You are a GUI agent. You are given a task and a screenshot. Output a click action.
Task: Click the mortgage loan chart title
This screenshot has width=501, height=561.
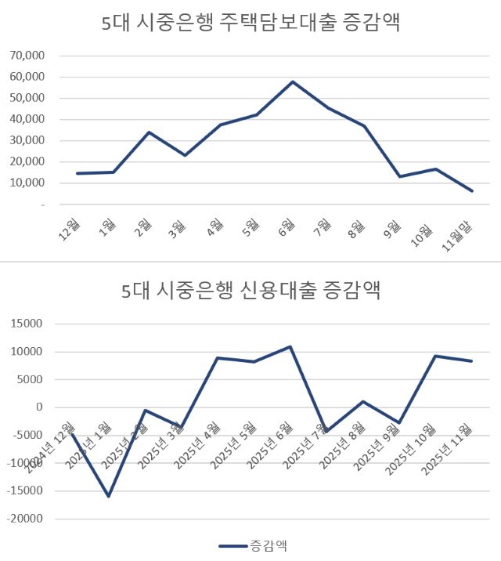click(250, 24)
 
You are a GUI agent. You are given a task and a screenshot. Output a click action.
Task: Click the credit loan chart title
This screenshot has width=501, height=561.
click(250, 291)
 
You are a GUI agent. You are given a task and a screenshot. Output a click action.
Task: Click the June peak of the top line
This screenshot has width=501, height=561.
click(293, 81)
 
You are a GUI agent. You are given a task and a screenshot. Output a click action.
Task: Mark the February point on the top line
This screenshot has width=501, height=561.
click(149, 132)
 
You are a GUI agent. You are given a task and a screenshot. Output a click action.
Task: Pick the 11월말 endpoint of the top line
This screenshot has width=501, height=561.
click(472, 190)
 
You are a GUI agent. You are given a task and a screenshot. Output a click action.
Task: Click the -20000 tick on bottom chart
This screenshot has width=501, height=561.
click(27, 519)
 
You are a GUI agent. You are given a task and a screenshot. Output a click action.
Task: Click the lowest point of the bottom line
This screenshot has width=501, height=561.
click(108, 496)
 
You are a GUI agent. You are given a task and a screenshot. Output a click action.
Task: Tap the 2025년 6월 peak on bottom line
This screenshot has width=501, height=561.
click(290, 346)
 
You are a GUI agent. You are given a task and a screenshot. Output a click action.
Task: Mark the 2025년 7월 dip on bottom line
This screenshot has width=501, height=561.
click(326, 431)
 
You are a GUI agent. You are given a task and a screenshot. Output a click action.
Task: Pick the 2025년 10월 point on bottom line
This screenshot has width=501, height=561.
click(435, 356)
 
